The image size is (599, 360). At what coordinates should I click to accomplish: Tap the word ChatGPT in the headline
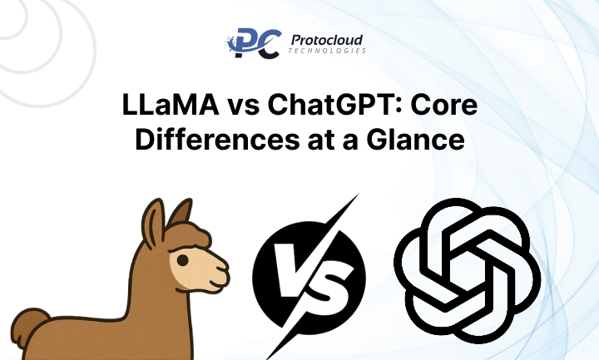click(x=330, y=109)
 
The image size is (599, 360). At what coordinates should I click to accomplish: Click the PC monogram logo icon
click(x=246, y=45)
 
